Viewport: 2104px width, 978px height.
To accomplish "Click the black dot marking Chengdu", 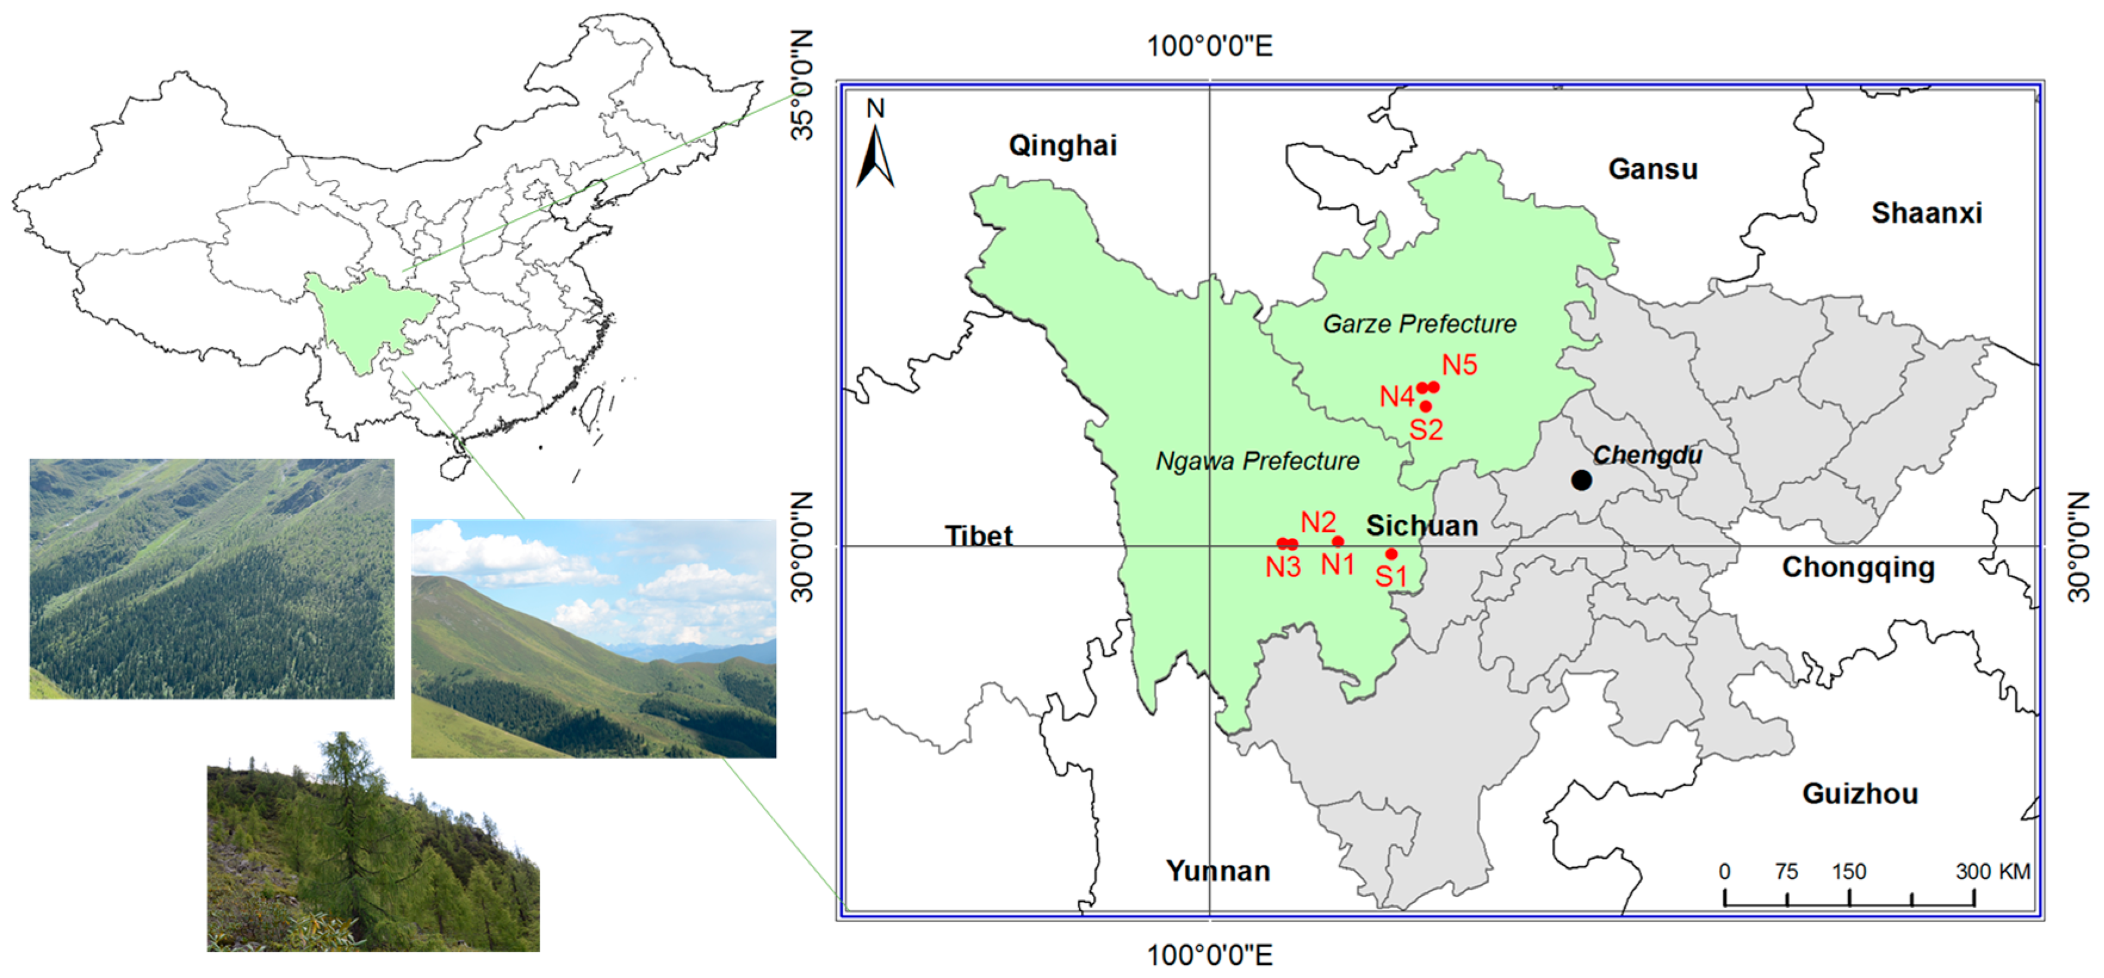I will click(1581, 480).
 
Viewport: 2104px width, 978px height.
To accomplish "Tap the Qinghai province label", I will click(1062, 145).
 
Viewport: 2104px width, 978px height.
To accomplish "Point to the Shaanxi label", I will click(1926, 213).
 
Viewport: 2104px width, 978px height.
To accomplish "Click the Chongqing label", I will click(1858, 568).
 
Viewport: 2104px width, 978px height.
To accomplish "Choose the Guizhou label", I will click(1860, 793).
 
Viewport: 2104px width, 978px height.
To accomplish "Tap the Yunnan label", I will click(1217, 871).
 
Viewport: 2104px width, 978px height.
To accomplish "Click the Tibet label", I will click(979, 536).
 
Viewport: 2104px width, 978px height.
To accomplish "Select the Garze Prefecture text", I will click(1420, 324).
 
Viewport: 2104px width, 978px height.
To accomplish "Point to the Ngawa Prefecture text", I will click(1257, 461).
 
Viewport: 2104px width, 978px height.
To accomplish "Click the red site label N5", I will click(1460, 365).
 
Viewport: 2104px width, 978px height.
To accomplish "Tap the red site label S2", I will click(1426, 429).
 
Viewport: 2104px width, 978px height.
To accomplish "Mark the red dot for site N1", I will click(1338, 541).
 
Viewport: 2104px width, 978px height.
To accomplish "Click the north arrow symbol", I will click(876, 155).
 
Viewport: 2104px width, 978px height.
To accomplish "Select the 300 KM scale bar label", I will click(1993, 872).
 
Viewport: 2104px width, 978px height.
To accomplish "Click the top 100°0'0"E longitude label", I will click(1209, 46).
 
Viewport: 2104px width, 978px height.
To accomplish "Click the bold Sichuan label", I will click(1422, 526).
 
